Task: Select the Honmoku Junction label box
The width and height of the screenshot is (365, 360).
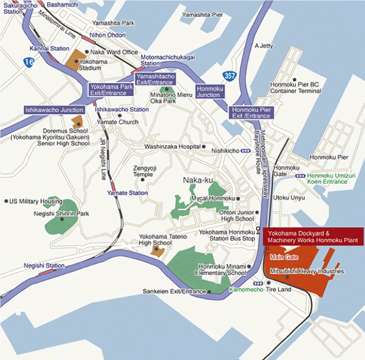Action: click(x=209, y=91)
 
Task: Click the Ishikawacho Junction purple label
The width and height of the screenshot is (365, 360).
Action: click(x=54, y=110)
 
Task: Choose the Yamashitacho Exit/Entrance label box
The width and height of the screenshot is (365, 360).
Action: click(x=155, y=80)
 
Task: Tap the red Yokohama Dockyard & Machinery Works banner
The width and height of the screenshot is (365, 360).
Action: click(x=312, y=236)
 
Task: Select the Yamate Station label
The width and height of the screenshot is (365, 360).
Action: click(x=127, y=193)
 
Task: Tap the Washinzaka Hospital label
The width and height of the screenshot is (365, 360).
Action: click(x=172, y=147)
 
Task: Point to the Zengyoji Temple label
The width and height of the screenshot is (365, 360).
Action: click(x=143, y=171)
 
